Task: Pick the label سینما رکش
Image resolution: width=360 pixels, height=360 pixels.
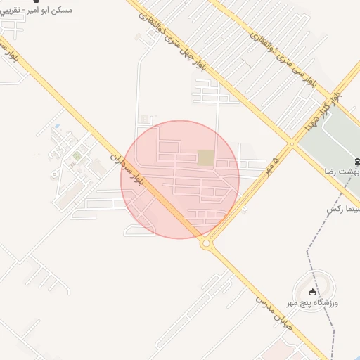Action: coord(343,210)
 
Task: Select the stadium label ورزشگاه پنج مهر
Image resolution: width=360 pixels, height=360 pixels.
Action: coord(313,302)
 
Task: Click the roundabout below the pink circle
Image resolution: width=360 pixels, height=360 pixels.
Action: coord(206,243)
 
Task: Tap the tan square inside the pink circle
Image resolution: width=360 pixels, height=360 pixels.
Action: coord(205,158)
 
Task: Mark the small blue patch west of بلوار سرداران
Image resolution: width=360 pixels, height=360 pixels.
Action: coord(57,127)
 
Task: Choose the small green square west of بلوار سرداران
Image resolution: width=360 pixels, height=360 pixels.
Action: coord(77,155)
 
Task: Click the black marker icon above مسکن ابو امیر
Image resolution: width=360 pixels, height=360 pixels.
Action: coord(36,1)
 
